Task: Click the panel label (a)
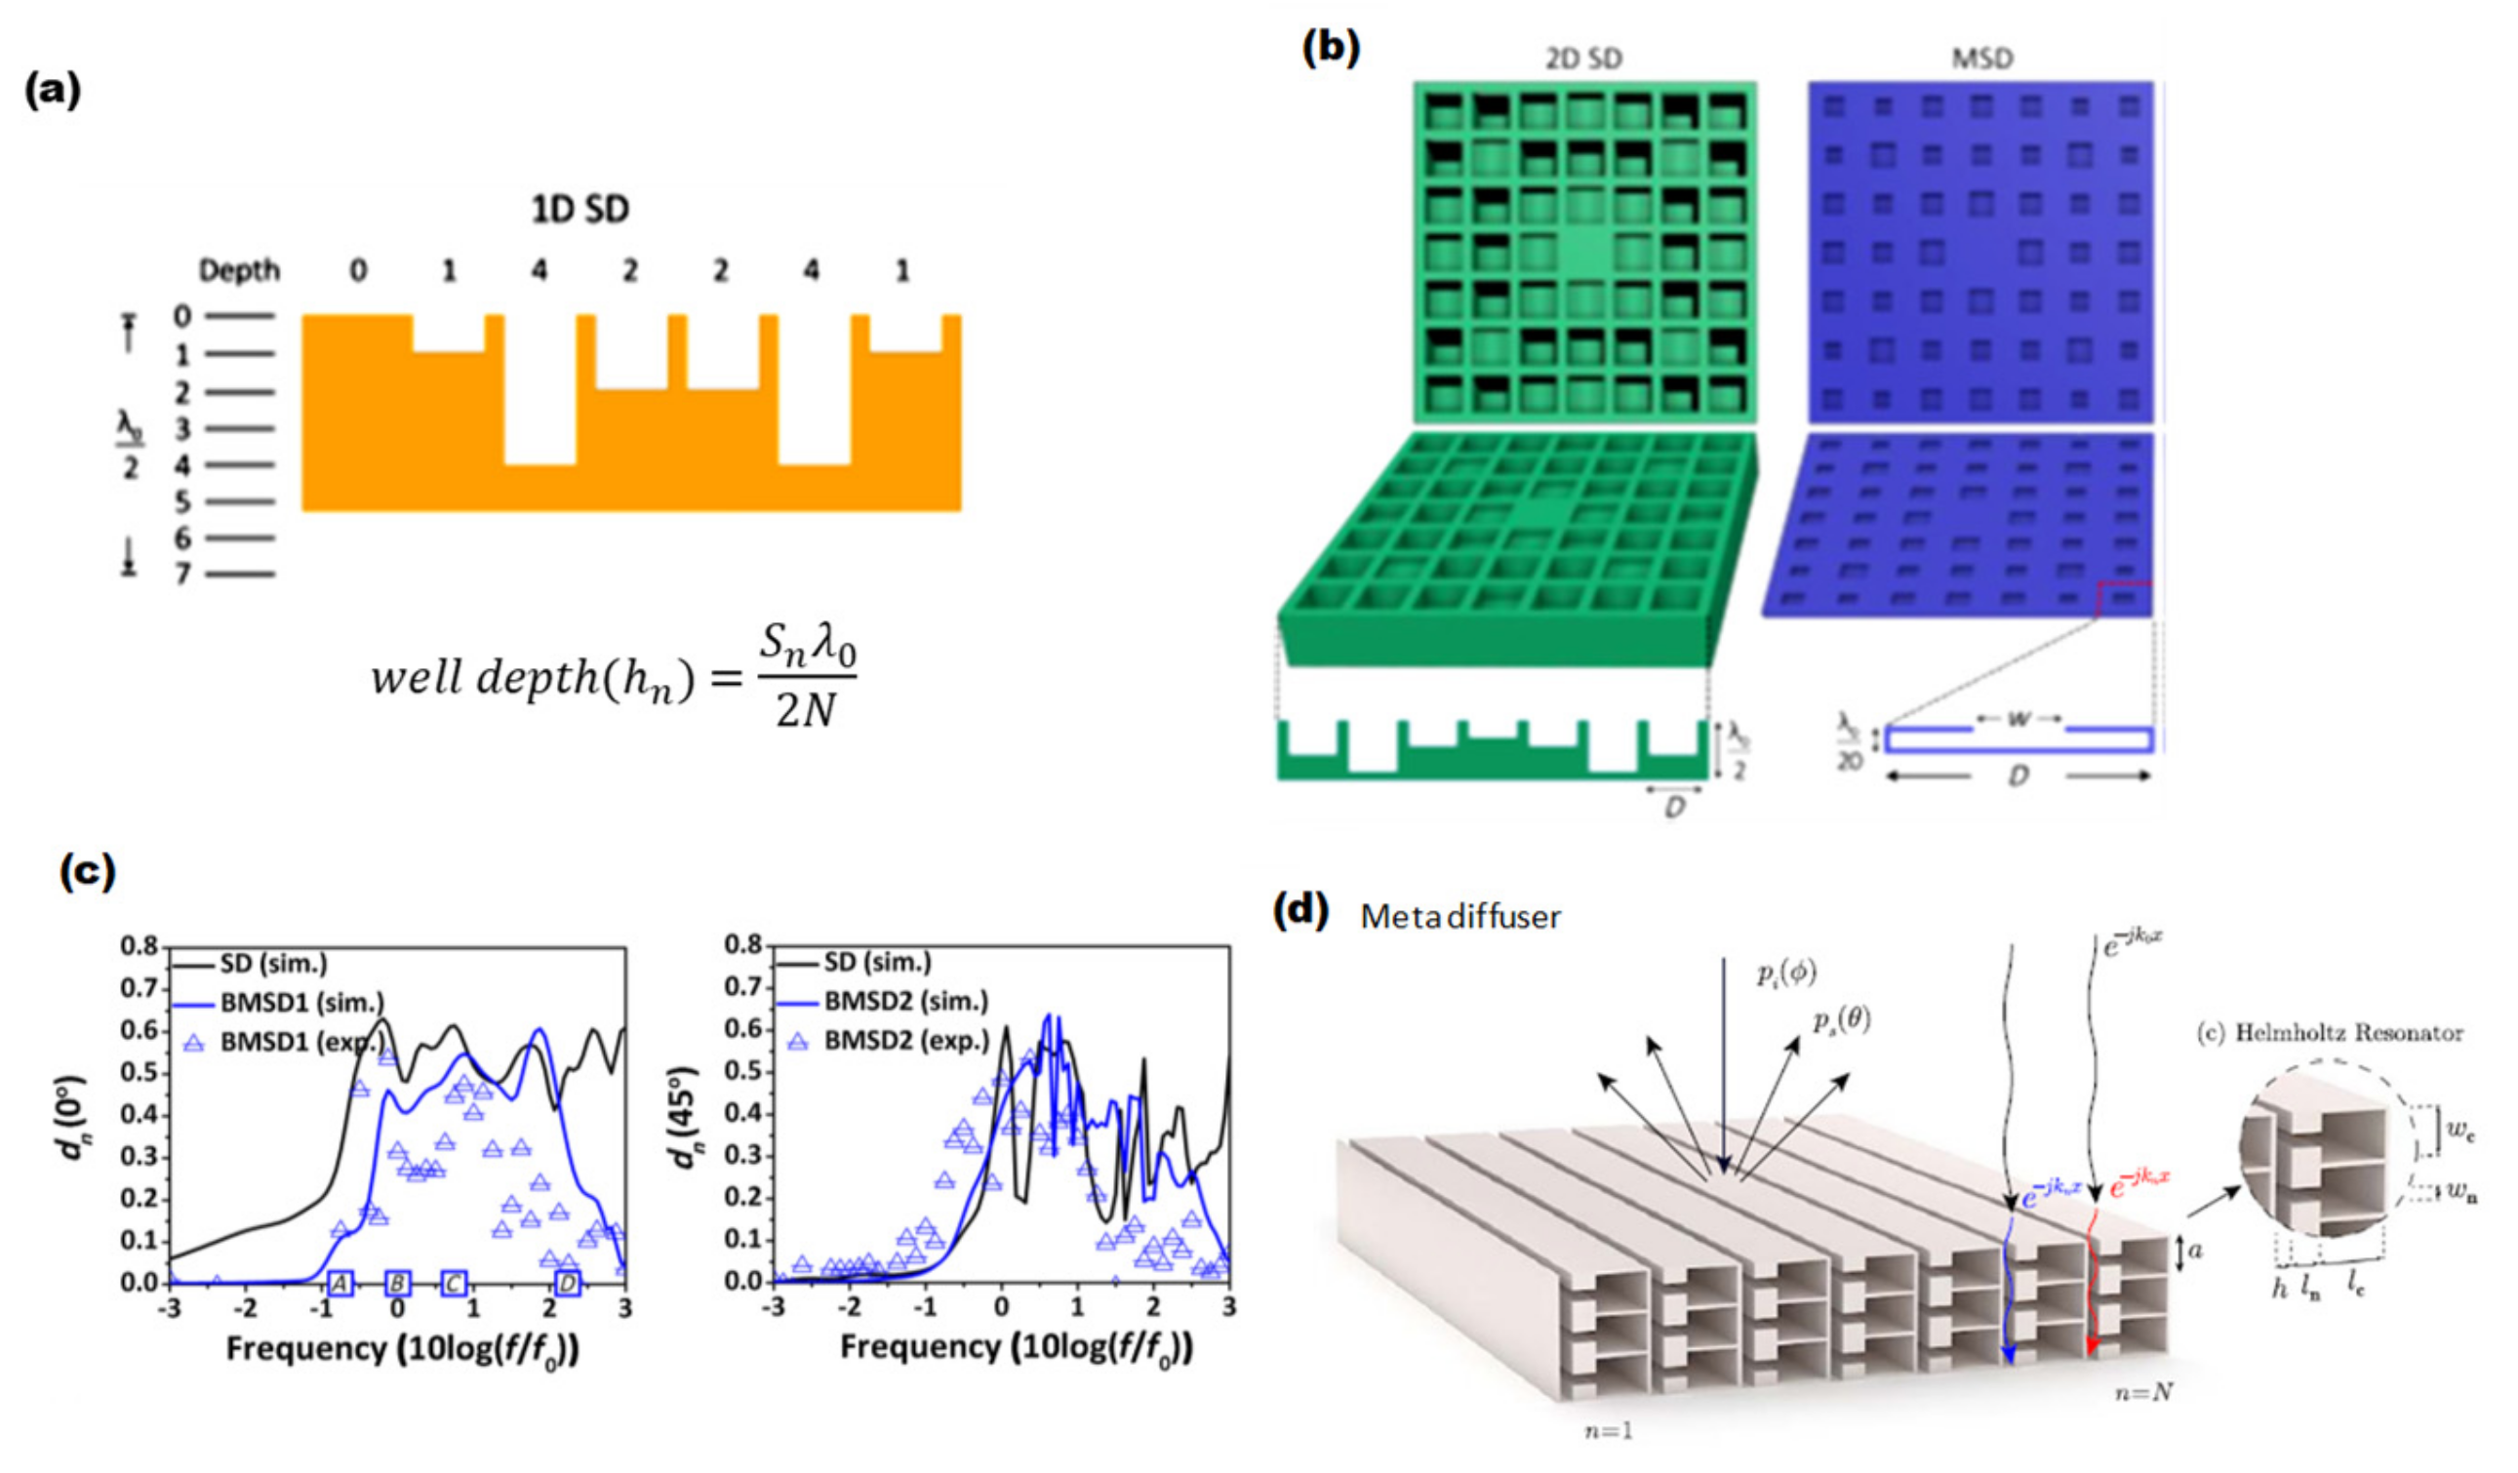tap(52, 91)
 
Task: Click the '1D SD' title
tap(580, 210)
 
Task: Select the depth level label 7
tap(181, 574)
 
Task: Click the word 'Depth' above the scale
tap(239, 271)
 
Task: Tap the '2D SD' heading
tap(1583, 59)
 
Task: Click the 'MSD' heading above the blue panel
tap(1982, 59)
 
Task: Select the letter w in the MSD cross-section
tap(2018, 719)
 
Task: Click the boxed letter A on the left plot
tap(340, 1283)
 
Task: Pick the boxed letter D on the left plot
tap(568, 1283)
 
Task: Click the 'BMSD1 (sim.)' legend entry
tap(300, 1002)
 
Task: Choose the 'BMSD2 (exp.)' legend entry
tap(905, 1040)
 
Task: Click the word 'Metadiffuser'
tap(1459, 917)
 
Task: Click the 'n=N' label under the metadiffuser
tap(2144, 1391)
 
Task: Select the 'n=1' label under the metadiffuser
tap(1608, 1431)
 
